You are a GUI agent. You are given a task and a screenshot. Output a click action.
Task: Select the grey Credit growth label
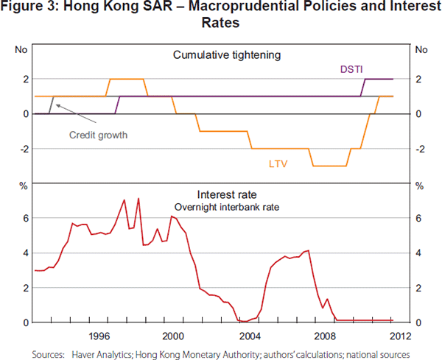click(x=98, y=135)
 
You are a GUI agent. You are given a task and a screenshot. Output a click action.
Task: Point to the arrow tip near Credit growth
click(x=57, y=106)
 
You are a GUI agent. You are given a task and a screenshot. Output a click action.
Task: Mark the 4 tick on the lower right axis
click(x=418, y=253)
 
